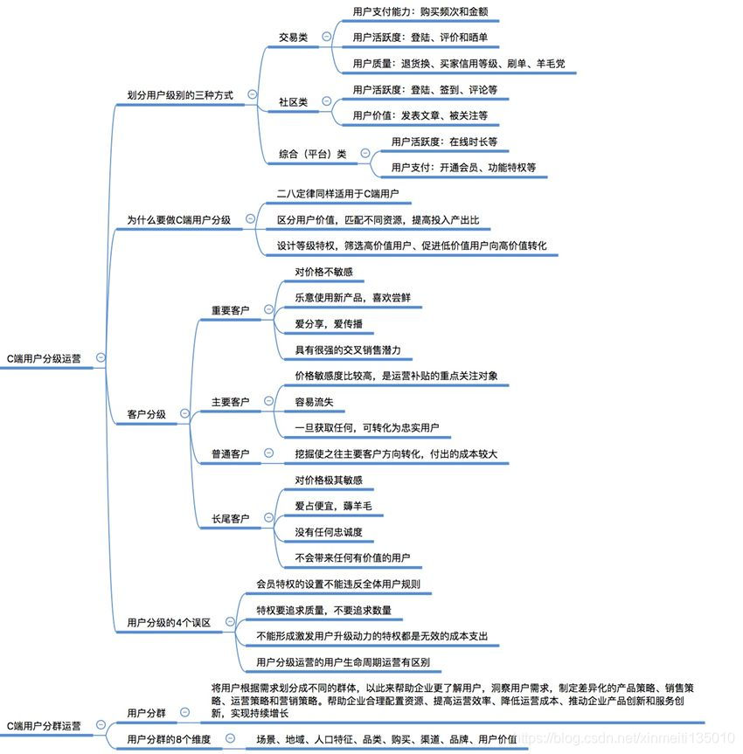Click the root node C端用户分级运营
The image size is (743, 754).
point(44,357)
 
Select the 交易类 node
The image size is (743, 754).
point(293,37)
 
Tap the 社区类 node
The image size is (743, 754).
point(293,102)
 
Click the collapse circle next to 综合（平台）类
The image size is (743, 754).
point(365,153)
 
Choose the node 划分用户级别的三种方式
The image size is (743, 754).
point(179,94)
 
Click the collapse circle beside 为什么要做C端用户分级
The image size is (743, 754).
point(251,219)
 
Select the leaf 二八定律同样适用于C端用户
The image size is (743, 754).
point(337,193)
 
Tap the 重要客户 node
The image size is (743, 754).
point(230,310)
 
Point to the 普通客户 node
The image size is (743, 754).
point(230,453)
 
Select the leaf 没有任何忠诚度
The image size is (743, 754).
point(328,531)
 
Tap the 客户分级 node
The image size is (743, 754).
point(146,414)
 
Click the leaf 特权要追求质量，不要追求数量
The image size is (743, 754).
point(323,609)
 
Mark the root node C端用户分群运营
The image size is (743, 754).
point(44,725)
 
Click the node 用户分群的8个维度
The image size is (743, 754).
point(169,739)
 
